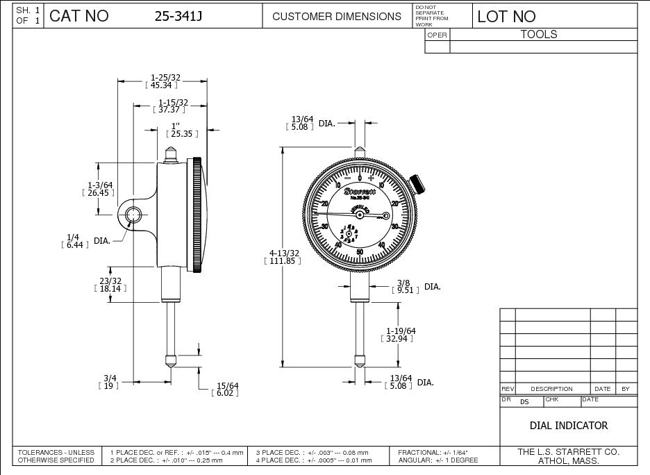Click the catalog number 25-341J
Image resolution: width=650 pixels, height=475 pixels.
click(x=178, y=16)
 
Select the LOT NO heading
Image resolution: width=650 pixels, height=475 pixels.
click(x=506, y=17)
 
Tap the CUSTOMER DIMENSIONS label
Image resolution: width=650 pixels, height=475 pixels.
click(x=337, y=16)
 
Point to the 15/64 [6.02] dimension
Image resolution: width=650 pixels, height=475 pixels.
click(x=226, y=389)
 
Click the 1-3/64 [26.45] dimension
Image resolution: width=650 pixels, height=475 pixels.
click(x=100, y=188)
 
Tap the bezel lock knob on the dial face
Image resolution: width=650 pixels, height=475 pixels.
click(x=417, y=183)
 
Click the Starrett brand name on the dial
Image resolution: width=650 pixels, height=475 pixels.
click(x=359, y=190)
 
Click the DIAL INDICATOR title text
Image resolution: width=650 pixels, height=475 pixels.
click(x=568, y=425)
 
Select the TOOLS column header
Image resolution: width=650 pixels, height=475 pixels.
click(x=539, y=34)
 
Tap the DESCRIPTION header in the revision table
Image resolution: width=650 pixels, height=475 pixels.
click(x=551, y=389)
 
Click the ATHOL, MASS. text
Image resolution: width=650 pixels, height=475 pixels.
click(x=568, y=460)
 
